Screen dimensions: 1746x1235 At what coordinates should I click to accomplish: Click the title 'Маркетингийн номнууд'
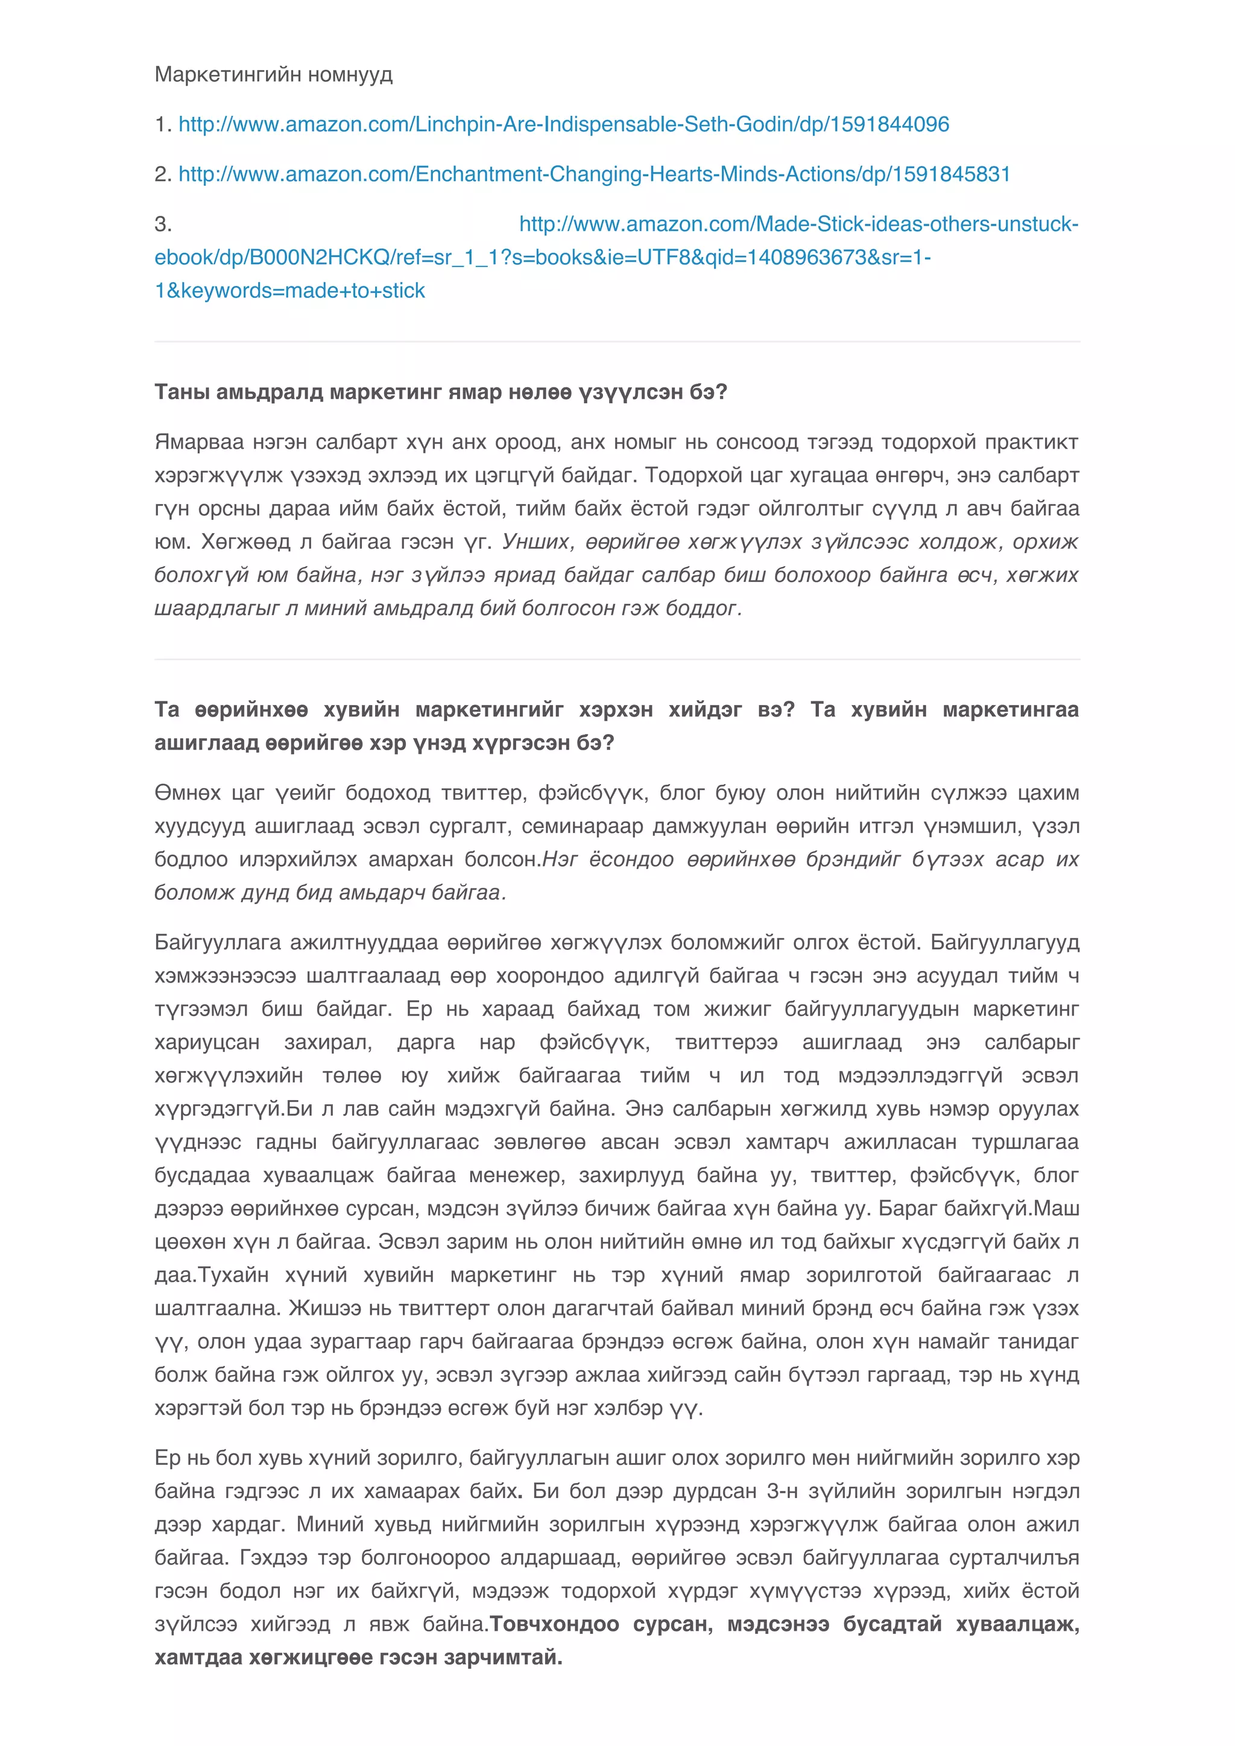pos(273,75)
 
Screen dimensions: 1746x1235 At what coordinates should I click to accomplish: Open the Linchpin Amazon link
pos(563,124)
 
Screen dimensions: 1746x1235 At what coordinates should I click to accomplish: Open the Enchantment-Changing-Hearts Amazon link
pos(594,174)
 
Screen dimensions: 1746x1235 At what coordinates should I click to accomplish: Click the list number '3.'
pos(163,224)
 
